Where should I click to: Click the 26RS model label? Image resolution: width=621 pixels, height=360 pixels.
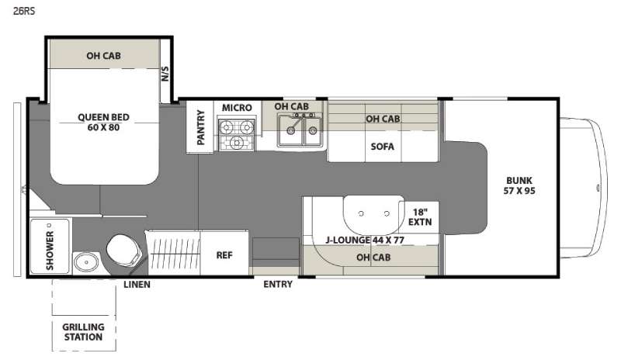pos(24,11)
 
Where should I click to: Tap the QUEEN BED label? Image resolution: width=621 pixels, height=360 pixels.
pos(103,117)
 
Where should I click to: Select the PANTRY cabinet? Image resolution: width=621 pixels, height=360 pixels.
pos(200,126)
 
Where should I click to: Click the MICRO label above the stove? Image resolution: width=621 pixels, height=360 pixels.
pos(237,108)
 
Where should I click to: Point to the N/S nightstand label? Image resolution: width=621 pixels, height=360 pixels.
pos(165,74)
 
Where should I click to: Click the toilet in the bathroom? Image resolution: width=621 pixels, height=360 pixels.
pos(123,251)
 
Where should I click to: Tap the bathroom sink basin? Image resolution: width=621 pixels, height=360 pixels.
pos(86,261)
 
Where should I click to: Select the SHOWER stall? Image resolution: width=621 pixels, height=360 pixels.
pos(50,246)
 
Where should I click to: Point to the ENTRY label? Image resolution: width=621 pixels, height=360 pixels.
pos(278,285)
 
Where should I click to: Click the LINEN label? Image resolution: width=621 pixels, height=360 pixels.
pos(137,285)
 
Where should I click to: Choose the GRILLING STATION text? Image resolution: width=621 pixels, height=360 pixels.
pos(83,332)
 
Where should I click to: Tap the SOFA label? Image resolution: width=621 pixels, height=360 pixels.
pos(382,147)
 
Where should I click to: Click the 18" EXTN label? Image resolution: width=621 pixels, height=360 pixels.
pos(420,217)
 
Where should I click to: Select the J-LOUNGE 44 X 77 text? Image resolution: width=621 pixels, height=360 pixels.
pos(365,240)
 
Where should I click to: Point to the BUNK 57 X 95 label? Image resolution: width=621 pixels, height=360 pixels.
pos(519,185)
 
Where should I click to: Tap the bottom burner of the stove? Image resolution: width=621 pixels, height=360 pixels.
pos(237,142)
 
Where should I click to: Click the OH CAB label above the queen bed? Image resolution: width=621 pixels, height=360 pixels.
pos(103,56)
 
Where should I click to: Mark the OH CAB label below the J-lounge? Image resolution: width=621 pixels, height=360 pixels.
pos(373,258)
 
